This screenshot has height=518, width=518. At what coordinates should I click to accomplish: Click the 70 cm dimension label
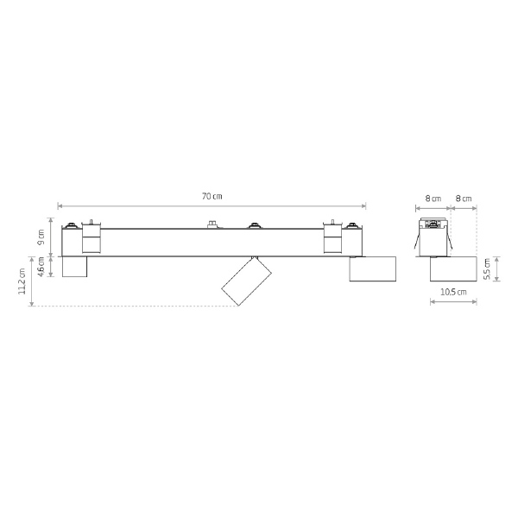point(212,196)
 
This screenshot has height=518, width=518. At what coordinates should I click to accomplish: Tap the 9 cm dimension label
point(41,237)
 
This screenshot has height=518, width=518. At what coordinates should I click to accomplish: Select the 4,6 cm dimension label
point(41,267)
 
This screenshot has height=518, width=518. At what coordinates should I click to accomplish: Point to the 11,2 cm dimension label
point(22,281)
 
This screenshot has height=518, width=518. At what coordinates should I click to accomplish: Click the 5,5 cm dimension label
point(487,268)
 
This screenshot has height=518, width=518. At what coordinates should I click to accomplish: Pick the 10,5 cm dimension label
point(453,292)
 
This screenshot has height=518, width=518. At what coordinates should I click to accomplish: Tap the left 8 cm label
point(433,199)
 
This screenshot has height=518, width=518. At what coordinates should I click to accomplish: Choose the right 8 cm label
point(464,199)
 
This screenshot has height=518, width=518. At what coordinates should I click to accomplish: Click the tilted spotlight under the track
point(246,281)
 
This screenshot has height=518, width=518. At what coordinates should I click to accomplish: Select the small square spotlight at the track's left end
point(74,267)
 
